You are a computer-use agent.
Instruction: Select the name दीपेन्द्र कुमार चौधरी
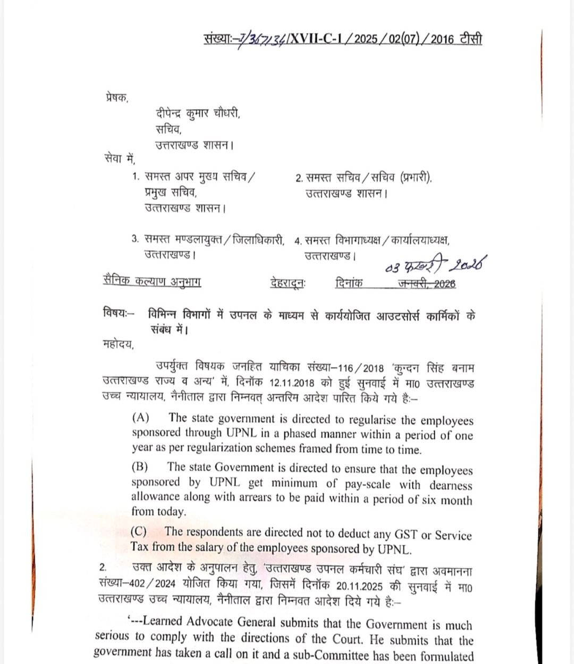[x=198, y=113]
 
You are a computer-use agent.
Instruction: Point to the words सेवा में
[x=120, y=159]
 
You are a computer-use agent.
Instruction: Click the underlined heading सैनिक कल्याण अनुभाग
[x=152, y=282]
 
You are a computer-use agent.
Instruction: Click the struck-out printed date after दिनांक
[x=427, y=284]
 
